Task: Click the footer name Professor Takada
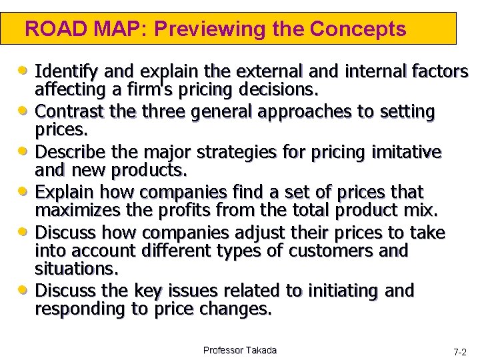point(240,350)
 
